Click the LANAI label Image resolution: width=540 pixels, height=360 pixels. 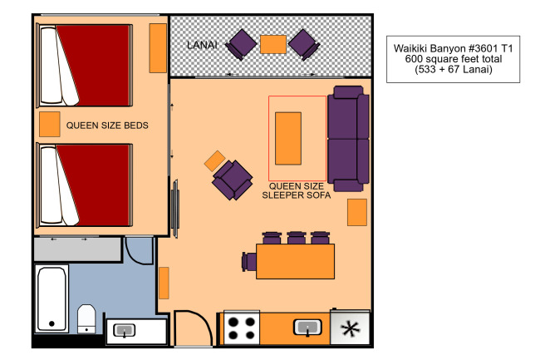202,45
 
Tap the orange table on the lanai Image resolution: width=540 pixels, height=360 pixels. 273,44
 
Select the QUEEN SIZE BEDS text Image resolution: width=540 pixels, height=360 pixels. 107,126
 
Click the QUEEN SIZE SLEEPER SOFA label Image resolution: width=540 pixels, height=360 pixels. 297,190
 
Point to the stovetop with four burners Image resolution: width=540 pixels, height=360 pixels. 242,328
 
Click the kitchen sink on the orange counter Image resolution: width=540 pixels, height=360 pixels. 307,328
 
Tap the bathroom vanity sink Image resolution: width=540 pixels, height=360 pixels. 124,331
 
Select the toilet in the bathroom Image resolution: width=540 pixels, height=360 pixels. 86,318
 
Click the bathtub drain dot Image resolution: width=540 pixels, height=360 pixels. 52,323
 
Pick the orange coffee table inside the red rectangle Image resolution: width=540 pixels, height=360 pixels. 288,139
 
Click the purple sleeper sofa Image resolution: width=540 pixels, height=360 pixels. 348,139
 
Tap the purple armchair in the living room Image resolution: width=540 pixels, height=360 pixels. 233,180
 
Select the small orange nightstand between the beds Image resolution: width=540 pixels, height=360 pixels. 50,124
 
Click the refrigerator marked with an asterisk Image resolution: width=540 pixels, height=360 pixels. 350,328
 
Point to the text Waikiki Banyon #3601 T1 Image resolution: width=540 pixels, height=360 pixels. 454,48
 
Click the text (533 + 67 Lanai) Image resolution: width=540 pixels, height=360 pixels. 454,69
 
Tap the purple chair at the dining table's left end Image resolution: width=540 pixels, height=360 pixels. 249,261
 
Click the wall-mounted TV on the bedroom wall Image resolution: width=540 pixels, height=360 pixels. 175,209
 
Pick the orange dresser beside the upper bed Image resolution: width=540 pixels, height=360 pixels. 158,48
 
